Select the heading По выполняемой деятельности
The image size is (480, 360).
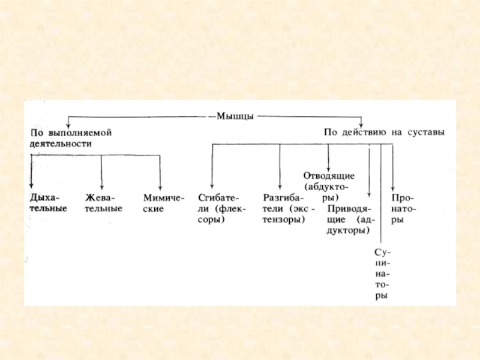pyautogui.click(x=71, y=138)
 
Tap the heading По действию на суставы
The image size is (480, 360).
pyautogui.click(x=384, y=132)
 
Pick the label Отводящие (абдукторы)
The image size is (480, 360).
pyautogui.click(x=329, y=186)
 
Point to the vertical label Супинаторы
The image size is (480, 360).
pyautogui.click(x=381, y=274)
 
